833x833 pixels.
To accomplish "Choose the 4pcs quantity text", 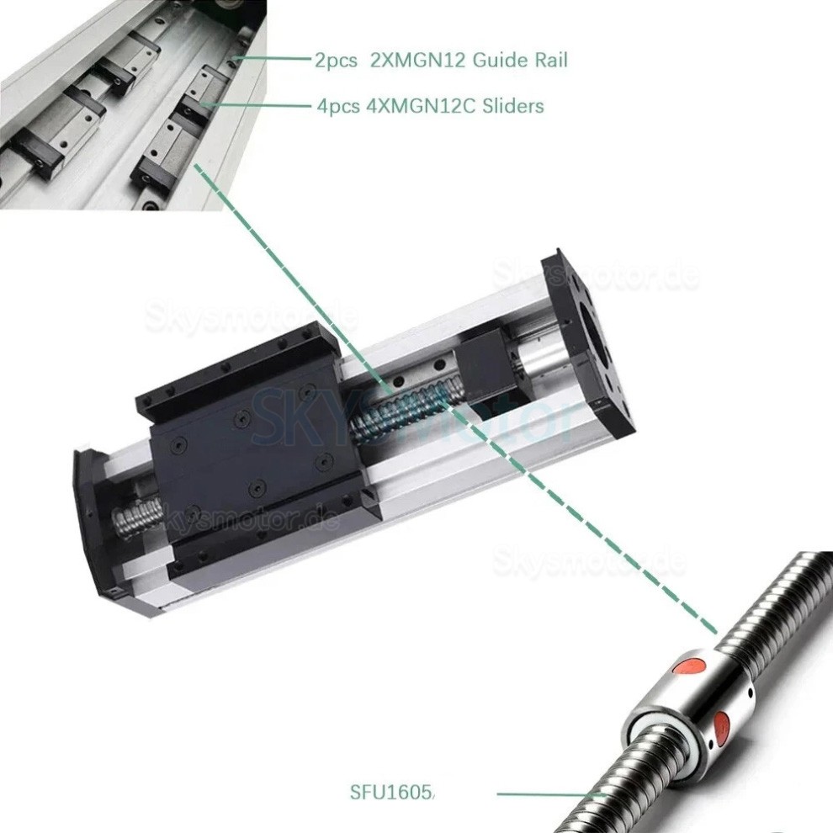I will pos(337,106).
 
